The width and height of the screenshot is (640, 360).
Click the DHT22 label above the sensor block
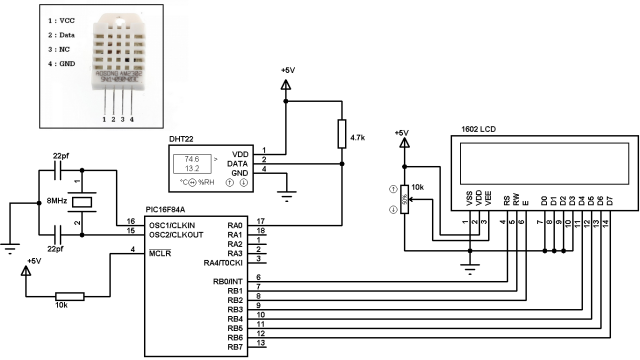[x=182, y=137]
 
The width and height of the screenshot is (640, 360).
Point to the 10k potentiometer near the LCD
[x=404, y=199]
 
